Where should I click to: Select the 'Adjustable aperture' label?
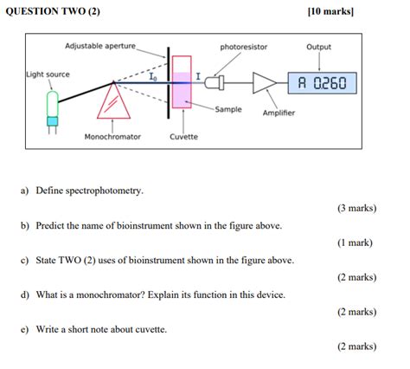click(100, 45)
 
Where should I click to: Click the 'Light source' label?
click(48, 74)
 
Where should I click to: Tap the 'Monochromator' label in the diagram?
click(112, 137)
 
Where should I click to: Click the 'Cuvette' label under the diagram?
click(183, 137)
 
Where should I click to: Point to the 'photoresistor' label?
click(243, 47)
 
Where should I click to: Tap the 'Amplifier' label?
click(279, 113)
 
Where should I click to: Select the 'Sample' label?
click(228, 109)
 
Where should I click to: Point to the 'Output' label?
click(318, 47)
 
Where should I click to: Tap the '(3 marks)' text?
click(356, 209)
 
